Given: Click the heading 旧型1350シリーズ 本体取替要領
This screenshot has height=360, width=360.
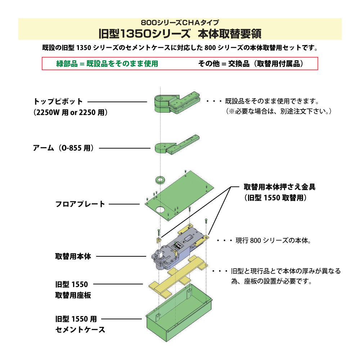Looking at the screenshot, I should tap(180, 34).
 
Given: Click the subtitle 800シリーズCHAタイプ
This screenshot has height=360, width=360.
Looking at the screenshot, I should tap(180, 22).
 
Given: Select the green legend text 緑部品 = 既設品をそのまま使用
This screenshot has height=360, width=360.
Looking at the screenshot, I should tap(107, 64).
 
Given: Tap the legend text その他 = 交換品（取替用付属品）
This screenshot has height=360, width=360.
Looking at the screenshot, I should tap(251, 64).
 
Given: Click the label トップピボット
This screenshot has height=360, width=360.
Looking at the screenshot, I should tap(58, 102).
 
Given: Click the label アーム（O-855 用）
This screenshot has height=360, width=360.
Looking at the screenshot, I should tap(64, 148).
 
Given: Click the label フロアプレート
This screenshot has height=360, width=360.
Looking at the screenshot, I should tap(80, 204).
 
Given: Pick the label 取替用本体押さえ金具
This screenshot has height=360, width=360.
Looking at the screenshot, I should tap(279, 187).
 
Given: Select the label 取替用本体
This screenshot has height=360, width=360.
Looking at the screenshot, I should tap(73, 257).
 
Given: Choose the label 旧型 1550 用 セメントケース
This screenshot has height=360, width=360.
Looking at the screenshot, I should tap(80, 324).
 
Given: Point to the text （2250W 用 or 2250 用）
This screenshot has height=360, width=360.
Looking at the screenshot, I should tap(71, 112).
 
